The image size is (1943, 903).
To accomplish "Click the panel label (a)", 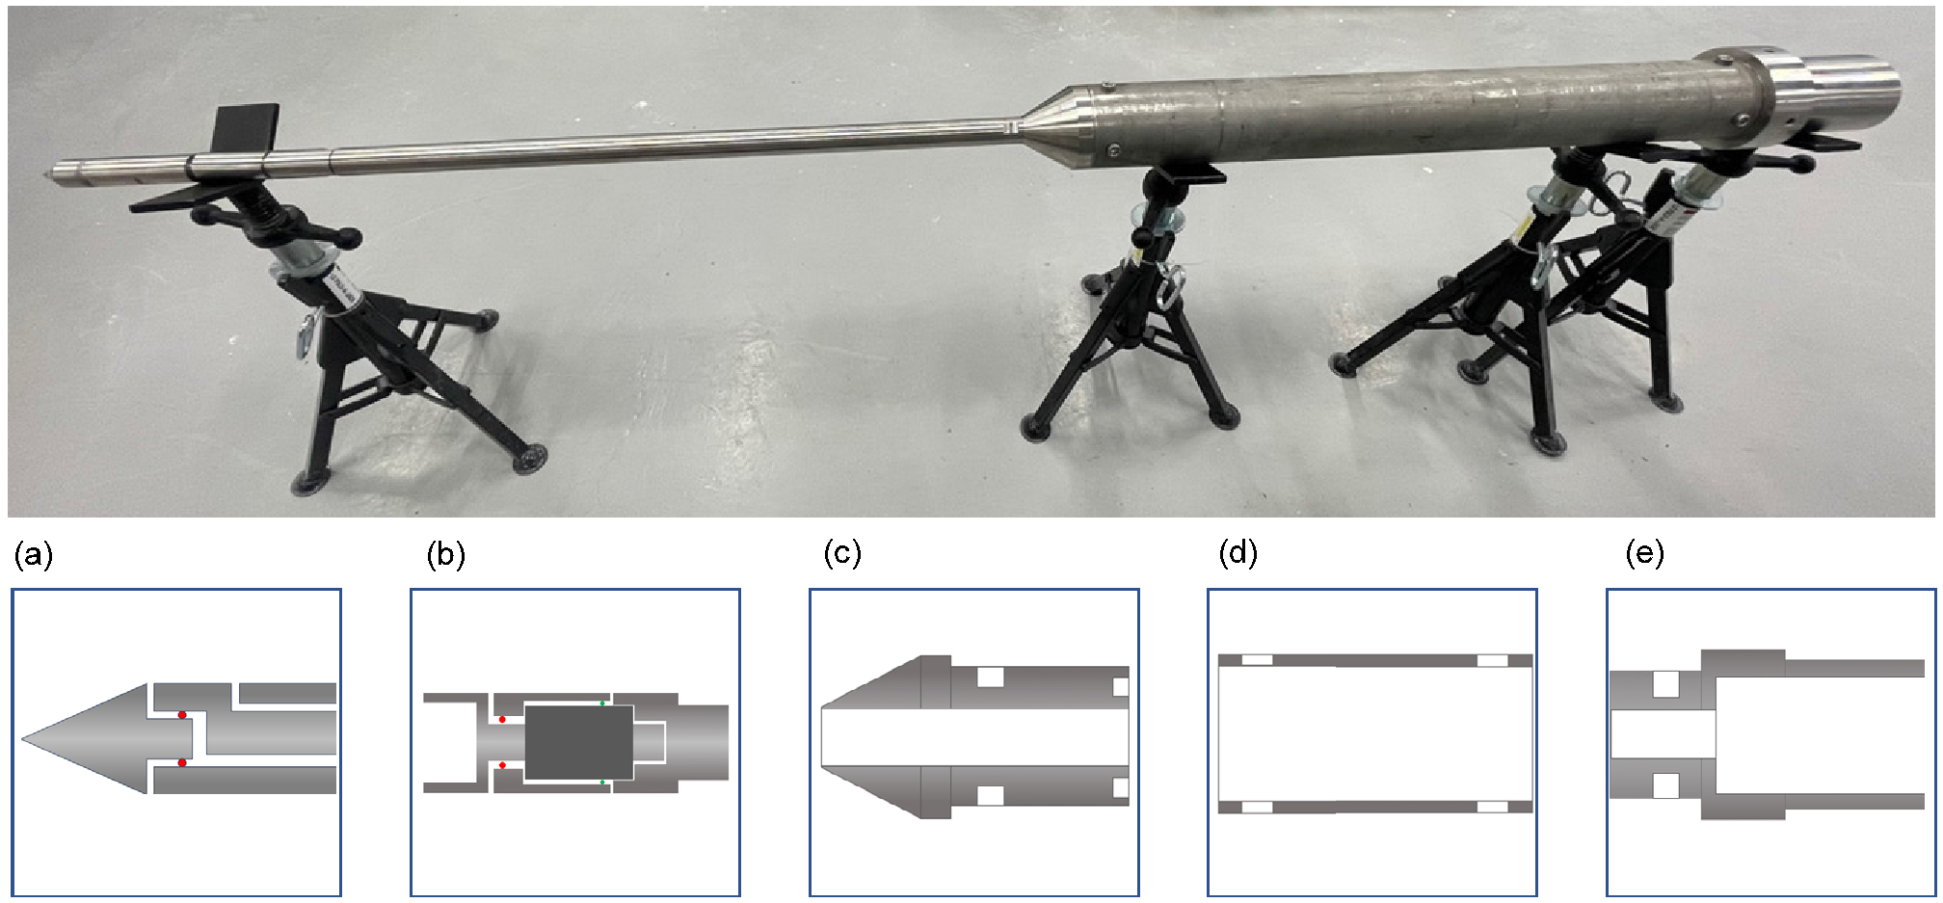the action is [34, 556].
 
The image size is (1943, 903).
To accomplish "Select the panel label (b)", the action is [446, 555].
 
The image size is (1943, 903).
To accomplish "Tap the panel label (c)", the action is [842, 553].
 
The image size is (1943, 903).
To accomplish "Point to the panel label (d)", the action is [1238, 553].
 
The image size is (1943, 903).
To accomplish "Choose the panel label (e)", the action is [1644, 553].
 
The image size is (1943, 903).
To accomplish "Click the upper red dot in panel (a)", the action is [182, 715].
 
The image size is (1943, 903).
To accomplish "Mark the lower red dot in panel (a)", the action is [182, 763].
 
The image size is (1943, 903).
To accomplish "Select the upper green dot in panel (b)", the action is [603, 704].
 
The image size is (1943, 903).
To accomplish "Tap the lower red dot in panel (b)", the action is [502, 765].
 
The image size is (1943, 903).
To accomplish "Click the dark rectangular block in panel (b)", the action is [578, 742].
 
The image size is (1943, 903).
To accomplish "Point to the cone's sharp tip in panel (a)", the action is [23, 739].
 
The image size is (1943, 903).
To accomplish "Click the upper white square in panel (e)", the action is [1666, 685].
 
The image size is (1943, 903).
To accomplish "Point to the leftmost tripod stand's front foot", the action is [528, 458].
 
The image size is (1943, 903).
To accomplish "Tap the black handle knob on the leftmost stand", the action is [352, 236].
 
